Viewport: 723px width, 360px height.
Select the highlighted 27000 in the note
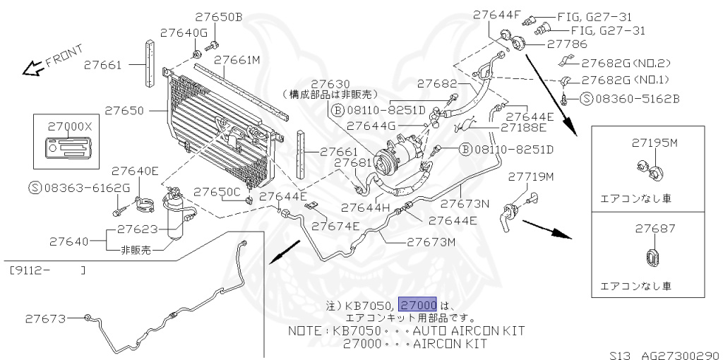(418, 305)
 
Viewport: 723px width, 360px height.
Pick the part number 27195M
(654, 143)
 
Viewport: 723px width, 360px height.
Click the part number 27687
(655, 229)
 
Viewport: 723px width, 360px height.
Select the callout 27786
(562, 44)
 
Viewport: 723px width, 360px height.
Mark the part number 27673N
(465, 204)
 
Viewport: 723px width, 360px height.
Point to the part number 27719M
(531, 175)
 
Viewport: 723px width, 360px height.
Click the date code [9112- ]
(48, 269)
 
